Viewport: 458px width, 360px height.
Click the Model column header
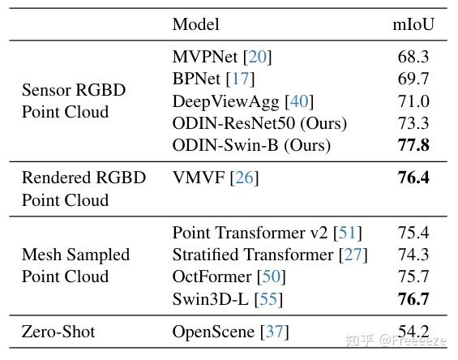pos(195,24)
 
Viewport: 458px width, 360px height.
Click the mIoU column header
pos(413,24)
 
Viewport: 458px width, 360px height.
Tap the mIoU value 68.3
pos(413,57)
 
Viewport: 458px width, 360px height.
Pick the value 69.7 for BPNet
pos(413,79)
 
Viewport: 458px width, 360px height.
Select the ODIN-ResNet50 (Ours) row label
pos(259,123)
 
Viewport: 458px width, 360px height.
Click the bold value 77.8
pos(413,146)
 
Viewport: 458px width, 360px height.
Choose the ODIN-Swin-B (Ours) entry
pos(252,146)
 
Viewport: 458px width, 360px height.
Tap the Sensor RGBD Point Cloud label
pos(74,101)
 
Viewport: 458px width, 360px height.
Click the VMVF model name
pos(199,178)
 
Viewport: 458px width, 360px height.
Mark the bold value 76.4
pos(413,178)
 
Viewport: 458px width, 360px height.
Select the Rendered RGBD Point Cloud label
pos(83,188)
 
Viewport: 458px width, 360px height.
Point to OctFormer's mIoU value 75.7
pos(413,277)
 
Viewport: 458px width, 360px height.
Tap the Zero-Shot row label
pos(58,332)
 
